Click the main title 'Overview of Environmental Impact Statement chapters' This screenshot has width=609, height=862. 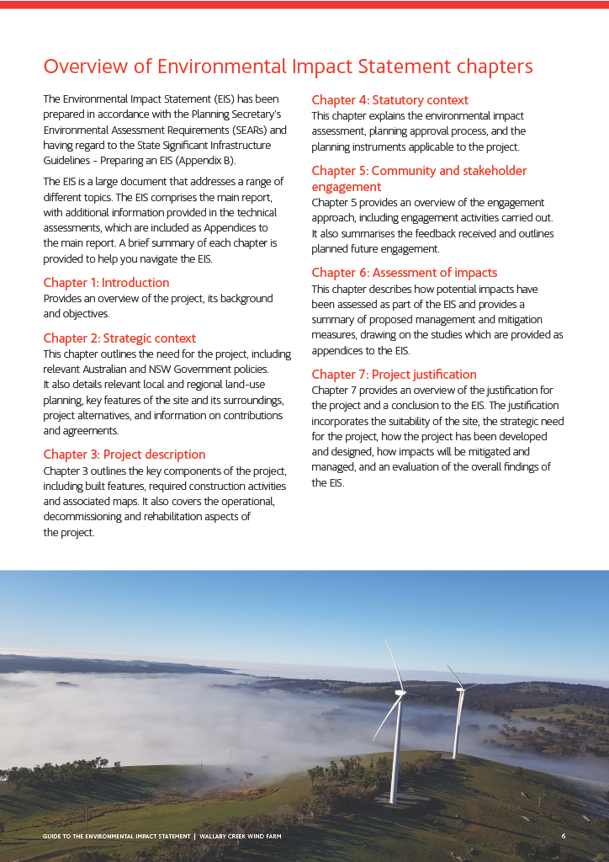tap(288, 67)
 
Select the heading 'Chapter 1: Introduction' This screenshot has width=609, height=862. tap(106, 283)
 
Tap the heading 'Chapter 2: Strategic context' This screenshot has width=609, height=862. tap(119, 338)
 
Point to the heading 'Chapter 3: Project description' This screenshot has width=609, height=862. tap(124, 455)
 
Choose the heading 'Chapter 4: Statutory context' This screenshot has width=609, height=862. tap(389, 100)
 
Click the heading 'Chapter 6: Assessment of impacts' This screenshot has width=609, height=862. tap(404, 273)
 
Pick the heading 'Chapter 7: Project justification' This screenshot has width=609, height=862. tap(394, 375)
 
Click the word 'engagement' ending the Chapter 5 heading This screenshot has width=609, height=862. tap(346, 187)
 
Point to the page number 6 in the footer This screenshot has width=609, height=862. tap(564, 836)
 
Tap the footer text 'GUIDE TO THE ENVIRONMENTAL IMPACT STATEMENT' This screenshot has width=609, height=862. tap(117, 836)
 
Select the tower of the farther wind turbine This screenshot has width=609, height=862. tap(457, 724)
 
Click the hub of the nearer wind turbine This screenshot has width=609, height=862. tap(400, 694)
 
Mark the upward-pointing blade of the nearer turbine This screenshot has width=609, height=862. tap(393, 665)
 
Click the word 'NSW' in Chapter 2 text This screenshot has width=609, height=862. tap(187, 370)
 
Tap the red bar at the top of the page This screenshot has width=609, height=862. tap(304, 4)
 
